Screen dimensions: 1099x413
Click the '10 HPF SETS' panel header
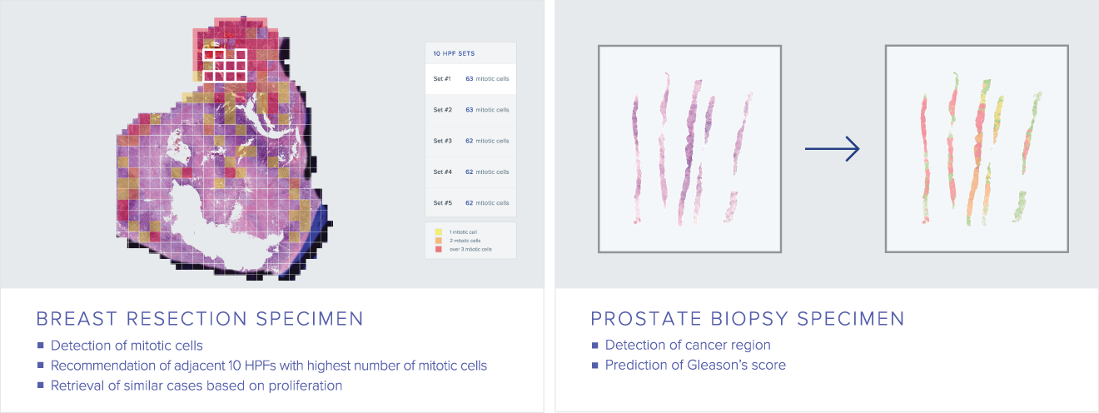pos(454,53)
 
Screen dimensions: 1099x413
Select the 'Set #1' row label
pos(442,78)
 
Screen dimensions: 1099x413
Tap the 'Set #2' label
pos(443,110)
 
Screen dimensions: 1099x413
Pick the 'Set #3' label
pos(443,141)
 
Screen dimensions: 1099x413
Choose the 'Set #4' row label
pos(443,172)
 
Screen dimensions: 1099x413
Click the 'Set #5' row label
pos(443,202)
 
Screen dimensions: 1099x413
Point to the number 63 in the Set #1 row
pos(470,78)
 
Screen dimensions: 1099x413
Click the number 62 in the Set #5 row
pos(470,202)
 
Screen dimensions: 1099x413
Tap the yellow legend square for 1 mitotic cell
pos(439,232)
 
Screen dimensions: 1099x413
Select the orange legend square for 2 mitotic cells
pos(439,241)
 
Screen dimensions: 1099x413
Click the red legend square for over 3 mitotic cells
pos(439,249)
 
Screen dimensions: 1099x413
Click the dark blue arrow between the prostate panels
pos(832,148)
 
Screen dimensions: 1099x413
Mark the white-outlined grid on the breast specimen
pos(225,65)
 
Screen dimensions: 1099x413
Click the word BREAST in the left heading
pos(77,319)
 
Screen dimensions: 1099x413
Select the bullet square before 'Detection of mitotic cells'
pos(41,346)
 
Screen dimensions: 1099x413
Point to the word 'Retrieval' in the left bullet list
pos(77,386)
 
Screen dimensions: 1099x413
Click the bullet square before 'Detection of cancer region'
pos(595,346)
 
